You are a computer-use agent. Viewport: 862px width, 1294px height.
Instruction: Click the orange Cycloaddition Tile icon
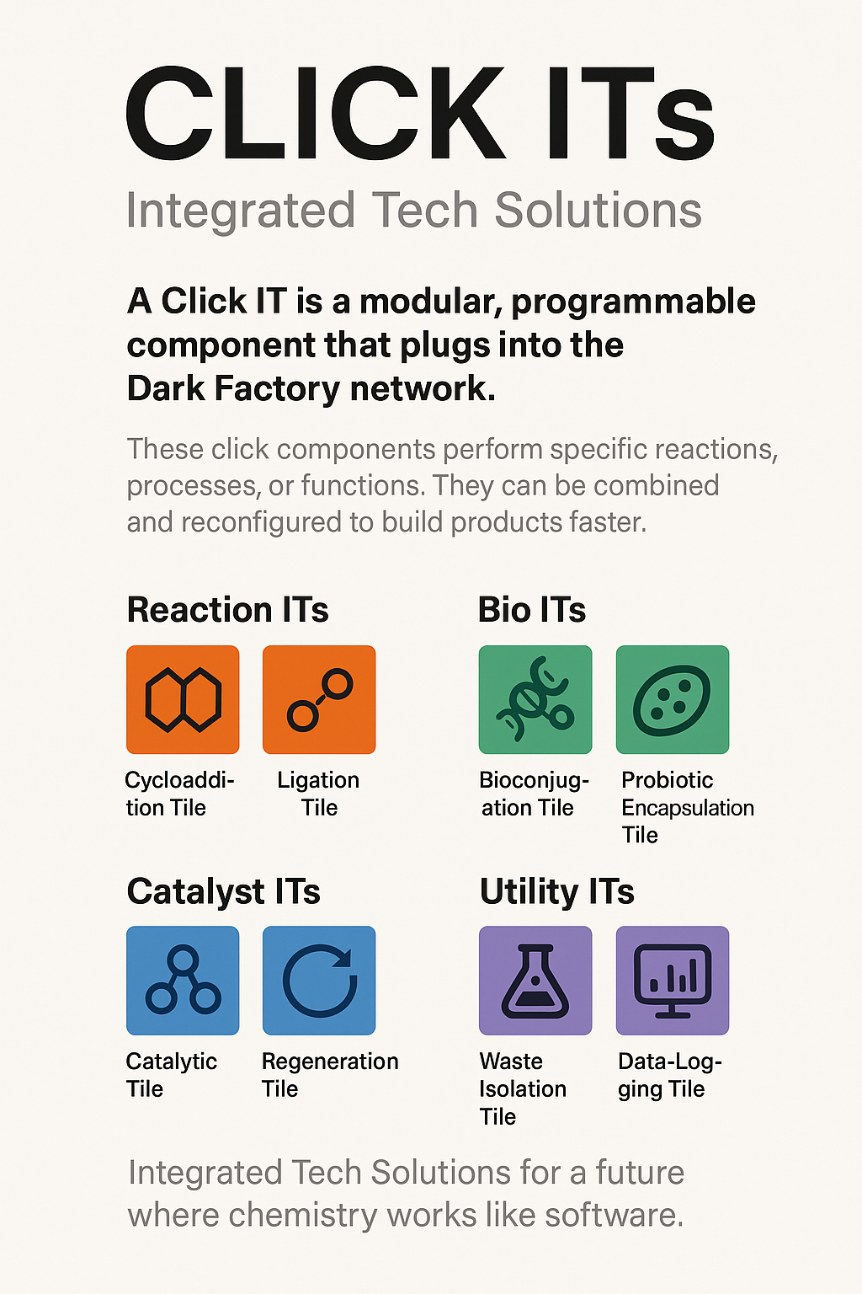click(183, 699)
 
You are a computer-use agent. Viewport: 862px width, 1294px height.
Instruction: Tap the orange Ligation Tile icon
click(319, 699)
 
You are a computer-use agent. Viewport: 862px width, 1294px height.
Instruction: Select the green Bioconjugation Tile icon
click(535, 699)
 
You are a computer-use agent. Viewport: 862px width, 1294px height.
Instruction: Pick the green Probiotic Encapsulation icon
click(672, 699)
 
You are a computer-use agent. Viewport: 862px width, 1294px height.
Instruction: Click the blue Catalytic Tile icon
click(183, 981)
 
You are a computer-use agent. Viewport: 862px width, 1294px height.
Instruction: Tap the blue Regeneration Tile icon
click(319, 981)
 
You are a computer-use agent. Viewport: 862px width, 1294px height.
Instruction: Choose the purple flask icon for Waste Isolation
click(535, 981)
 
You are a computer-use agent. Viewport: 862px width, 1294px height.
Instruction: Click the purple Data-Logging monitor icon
click(672, 981)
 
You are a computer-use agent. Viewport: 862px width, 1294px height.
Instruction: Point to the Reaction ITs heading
click(227, 609)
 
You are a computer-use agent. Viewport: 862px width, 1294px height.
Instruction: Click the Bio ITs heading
click(532, 609)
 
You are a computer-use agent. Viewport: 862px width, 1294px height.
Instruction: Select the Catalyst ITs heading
click(223, 891)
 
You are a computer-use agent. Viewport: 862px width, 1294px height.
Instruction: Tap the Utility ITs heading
click(556, 891)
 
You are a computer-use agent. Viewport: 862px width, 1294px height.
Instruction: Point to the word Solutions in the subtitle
click(598, 210)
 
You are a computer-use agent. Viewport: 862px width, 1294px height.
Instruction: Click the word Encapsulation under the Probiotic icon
click(688, 808)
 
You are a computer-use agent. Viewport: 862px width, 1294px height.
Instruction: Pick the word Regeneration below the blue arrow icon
click(330, 1061)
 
